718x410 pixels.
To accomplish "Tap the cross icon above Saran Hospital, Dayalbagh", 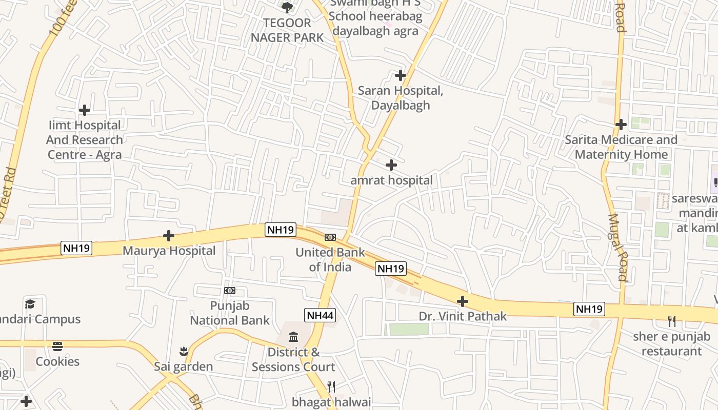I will coord(401,76).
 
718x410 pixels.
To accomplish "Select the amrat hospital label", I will coord(391,180).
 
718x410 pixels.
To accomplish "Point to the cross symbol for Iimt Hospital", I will coord(85,110).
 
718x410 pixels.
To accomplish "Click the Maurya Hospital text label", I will coord(169,251).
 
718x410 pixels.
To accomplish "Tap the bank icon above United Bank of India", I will coord(330,237).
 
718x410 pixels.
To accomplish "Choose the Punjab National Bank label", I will coord(230,313).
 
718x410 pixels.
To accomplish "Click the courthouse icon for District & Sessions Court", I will coord(293,337).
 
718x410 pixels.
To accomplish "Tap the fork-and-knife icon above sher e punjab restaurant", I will coord(671,321).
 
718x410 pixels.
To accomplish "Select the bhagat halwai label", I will coord(331,402).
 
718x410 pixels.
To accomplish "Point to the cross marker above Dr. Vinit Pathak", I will coord(462,301).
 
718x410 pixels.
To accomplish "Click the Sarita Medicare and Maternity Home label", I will coord(621,147).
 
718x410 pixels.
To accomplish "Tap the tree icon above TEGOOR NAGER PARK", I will coord(287,7).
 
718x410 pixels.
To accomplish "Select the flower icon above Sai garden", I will coord(184,352).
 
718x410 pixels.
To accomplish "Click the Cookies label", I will coord(57,361).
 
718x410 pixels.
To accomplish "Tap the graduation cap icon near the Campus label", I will coord(30,304).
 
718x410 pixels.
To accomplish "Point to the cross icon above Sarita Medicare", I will coord(621,125).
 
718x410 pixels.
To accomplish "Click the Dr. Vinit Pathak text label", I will coord(463,316).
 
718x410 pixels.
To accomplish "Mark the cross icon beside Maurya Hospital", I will coord(169,236).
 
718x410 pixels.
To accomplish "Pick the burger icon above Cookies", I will coord(57,346).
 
